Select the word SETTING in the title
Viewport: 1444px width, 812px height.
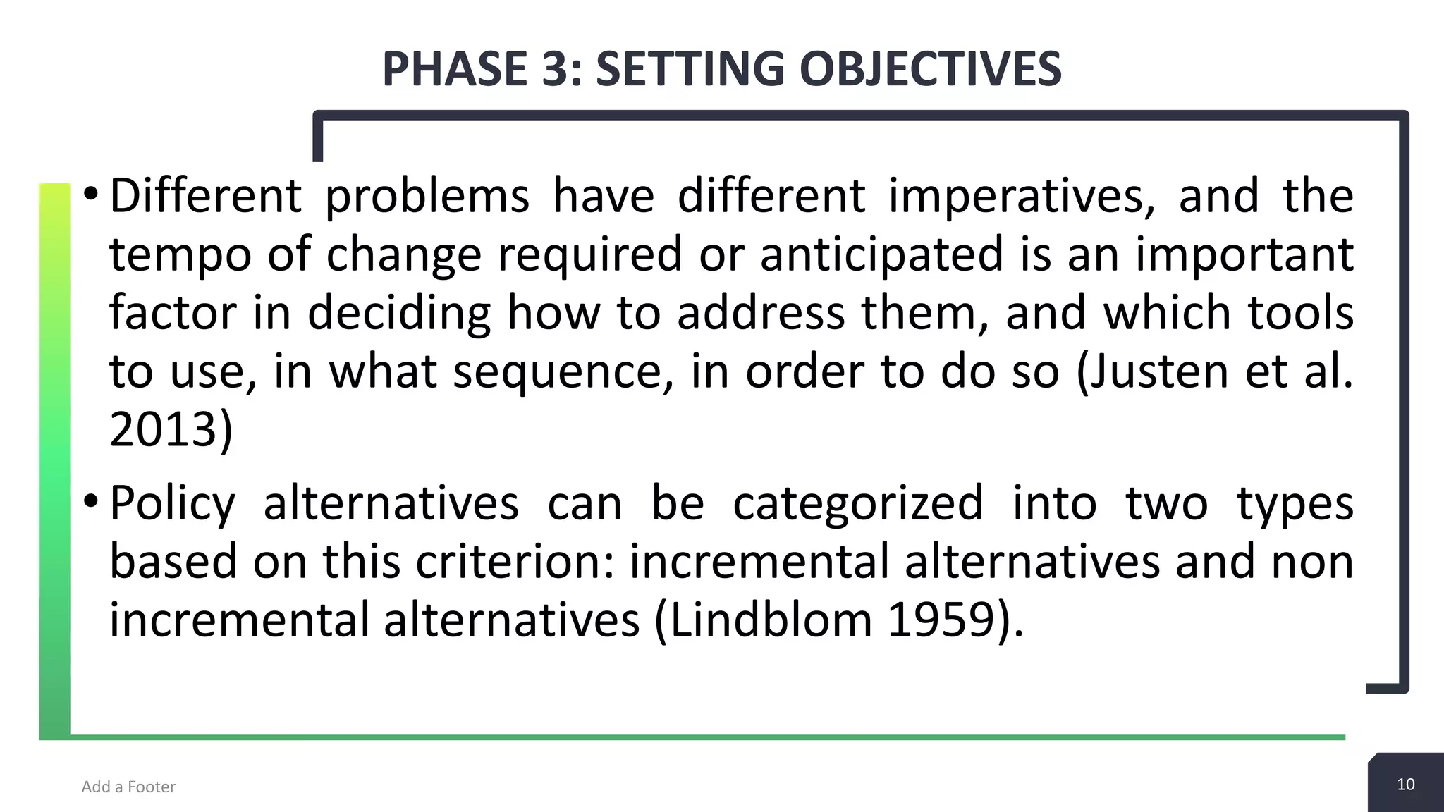tap(689, 69)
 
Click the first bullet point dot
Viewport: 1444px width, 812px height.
tap(90, 194)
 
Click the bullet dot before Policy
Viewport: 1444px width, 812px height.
tap(90, 502)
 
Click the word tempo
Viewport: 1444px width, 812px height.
tap(179, 255)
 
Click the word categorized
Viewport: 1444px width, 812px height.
tap(857, 503)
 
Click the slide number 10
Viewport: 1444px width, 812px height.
tap(1405, 785)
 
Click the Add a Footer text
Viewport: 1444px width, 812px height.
tap(128, 787)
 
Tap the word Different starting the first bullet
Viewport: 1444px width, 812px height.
tap(205, 196)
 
